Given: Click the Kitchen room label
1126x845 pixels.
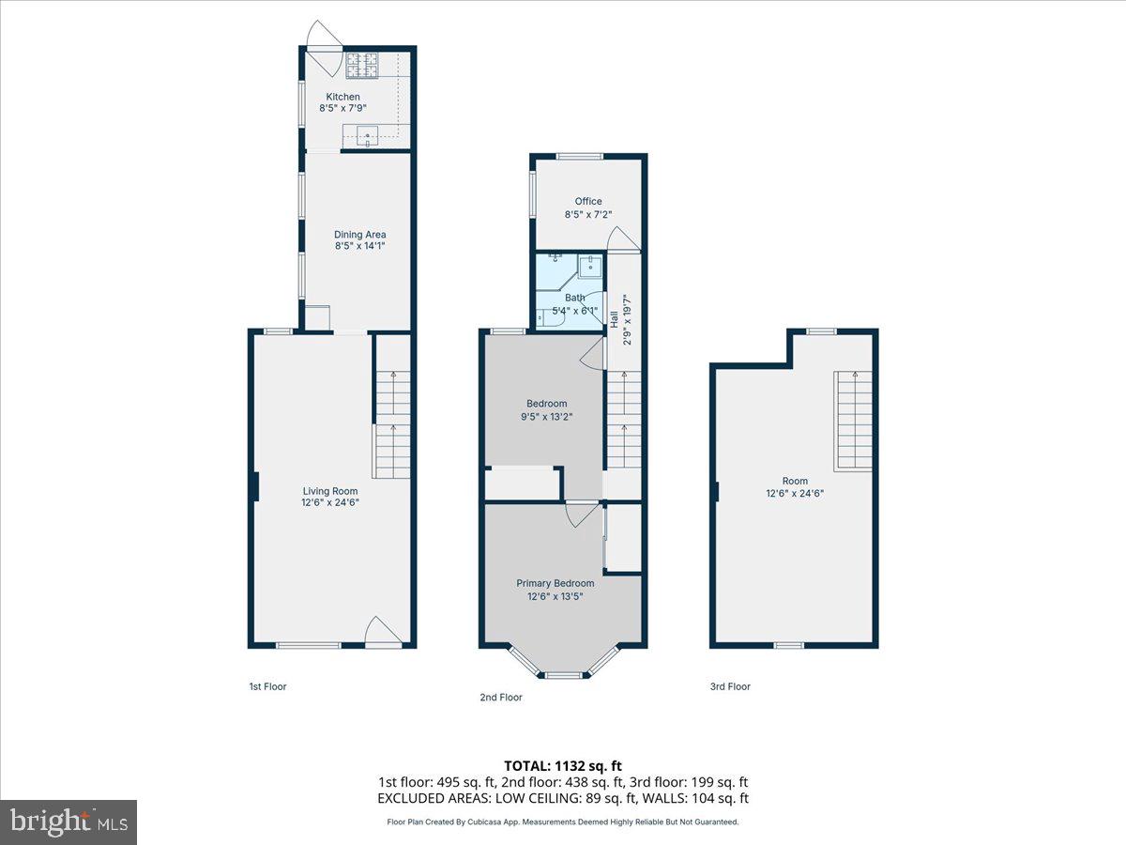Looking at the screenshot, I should click(x=342, y=97).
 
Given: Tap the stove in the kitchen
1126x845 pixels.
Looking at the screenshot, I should click(x=362, y=65).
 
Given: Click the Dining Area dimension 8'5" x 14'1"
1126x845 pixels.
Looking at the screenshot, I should click(x=360, y=247).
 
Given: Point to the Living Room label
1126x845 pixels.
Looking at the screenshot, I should click(x=330, y=490).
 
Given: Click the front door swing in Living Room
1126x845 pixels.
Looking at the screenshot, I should click(x=383, y=631).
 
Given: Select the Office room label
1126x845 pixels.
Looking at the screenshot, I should click(x=588, y=201).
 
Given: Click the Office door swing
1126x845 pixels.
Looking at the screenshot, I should click(x=623, y=239).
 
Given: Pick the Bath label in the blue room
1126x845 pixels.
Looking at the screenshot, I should click(x=575, y=298).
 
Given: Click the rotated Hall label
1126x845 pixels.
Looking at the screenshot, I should click(x=615, y=319).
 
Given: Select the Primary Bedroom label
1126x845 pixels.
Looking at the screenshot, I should click(x=555, y=583).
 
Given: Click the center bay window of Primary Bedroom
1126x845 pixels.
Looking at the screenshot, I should click(x=563, y=674).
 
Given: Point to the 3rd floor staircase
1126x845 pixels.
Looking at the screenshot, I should click(x=854, y=421).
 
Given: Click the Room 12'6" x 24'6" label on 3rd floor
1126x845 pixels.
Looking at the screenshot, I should click(x=795, y=485).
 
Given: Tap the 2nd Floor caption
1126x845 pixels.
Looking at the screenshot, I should click(x=500, y=698).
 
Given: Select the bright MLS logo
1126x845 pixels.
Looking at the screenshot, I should click(x=68, y=822).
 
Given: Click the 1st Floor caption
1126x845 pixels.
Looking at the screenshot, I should click(x=267, y=686).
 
